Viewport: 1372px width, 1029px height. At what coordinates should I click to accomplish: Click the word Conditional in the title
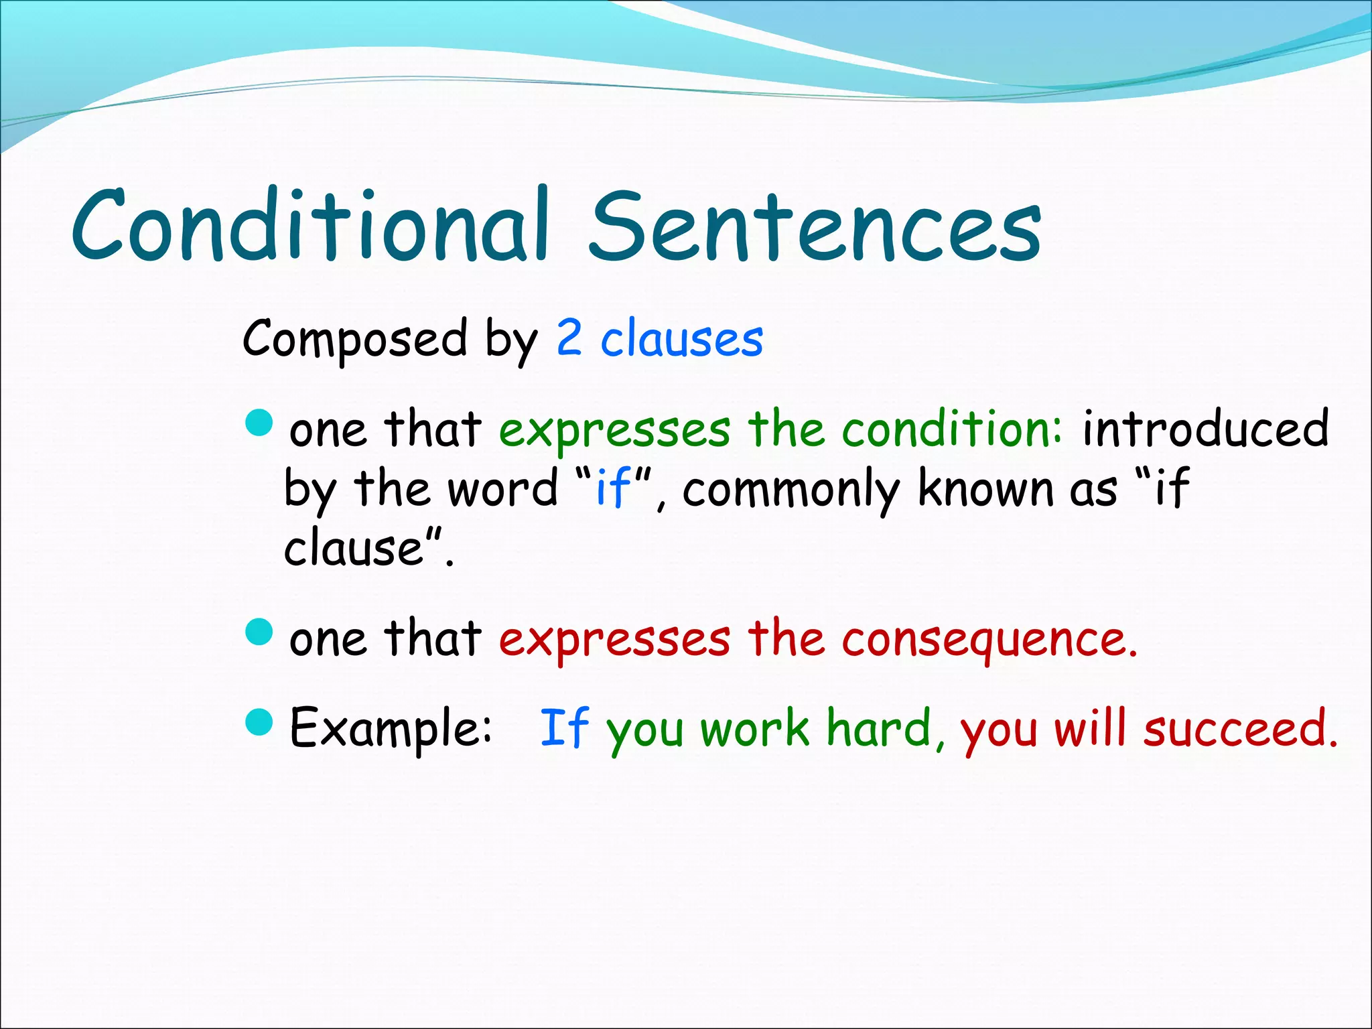point(311,226)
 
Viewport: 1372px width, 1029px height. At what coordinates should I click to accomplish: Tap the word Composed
point(354,339)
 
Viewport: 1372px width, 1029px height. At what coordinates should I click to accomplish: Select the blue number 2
point(569,338)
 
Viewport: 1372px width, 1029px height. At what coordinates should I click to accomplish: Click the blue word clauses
point(681,339)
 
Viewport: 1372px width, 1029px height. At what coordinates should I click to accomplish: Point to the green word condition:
point(952,429)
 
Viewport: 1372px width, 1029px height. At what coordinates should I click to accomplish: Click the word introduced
point(1205,429)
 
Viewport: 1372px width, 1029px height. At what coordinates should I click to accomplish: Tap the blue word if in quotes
point(613,487)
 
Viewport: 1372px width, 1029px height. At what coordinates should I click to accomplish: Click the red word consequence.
point(989,638)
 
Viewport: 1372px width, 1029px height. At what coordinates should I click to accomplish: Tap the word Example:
point(391,728)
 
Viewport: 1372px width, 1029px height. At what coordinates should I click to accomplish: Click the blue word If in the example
point(563,728)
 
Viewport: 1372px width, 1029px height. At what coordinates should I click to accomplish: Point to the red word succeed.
point(1240,728)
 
